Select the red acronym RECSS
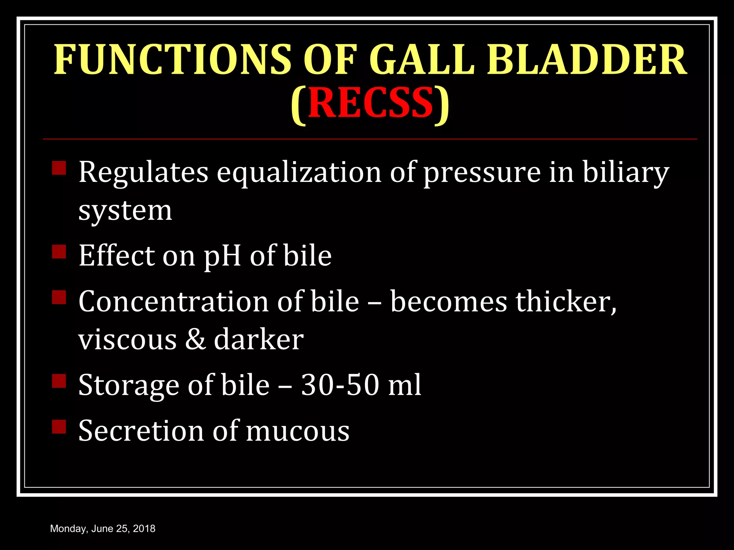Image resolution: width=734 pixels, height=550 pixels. coord(371,103)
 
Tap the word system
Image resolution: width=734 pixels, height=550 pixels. coord(125,211)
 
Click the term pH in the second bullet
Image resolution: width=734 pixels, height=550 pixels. coord(222,256)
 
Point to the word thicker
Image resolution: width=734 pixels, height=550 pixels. coord(566,301)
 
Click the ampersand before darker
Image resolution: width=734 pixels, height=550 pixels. coord(195,339)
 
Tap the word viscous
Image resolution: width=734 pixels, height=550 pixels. coord(127,340)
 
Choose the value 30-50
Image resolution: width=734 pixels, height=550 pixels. coord(340,385)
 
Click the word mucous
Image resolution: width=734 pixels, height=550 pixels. coord(297,431)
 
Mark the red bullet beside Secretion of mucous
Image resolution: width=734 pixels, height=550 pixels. coord(59,426)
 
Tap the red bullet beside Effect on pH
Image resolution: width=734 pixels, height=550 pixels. coord(59,251)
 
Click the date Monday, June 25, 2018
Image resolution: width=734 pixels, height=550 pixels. coord(103,529)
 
